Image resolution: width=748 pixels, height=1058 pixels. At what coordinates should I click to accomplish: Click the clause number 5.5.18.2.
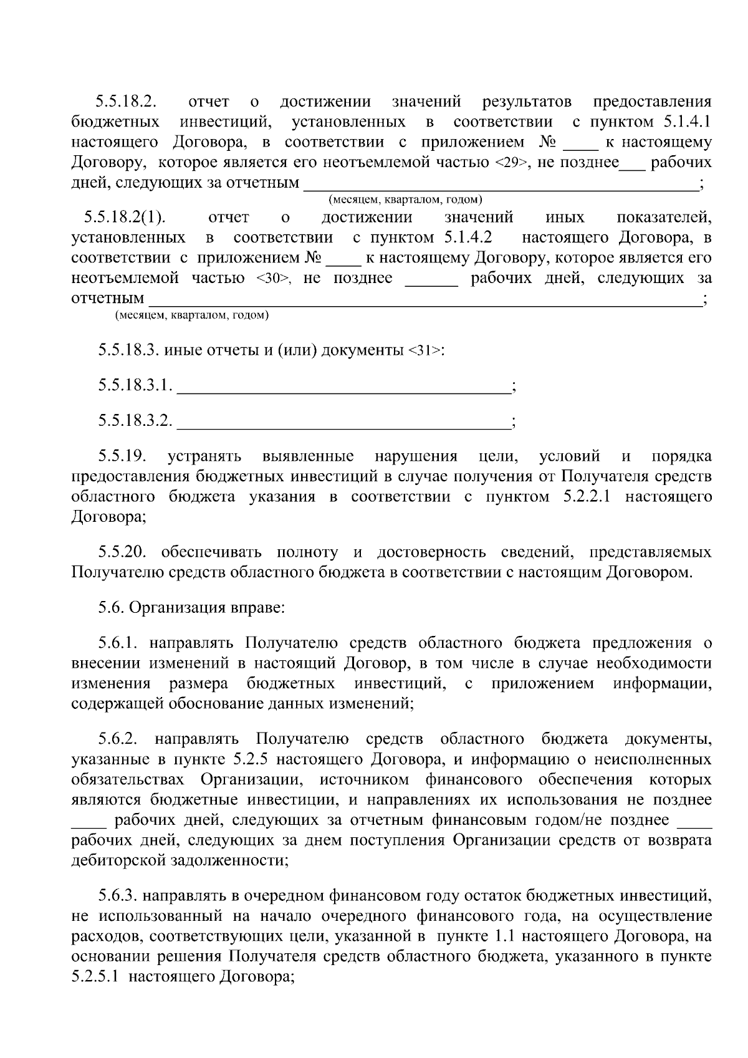125,102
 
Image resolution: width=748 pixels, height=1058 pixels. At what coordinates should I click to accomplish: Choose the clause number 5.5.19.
122,457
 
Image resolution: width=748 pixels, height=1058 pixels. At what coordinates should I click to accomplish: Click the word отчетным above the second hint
107,299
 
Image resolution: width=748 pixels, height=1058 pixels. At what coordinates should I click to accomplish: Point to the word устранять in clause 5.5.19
205,457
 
